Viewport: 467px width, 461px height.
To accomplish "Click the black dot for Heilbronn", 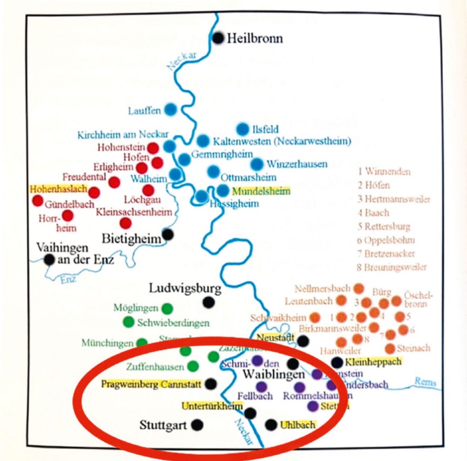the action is click(219, 38).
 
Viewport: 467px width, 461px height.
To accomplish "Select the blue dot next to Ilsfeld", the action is click(243, 129).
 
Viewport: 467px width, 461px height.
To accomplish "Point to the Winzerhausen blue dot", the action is click(257, 164).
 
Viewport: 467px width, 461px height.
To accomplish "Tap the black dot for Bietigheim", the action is click(168, 234).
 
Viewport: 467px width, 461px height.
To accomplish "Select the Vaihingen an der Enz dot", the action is click(50, 259).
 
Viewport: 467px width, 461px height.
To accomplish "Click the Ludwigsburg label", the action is click(185, 289).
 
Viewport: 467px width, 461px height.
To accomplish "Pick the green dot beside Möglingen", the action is click(167, 308).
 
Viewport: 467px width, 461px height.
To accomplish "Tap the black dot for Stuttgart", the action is click(196, 425).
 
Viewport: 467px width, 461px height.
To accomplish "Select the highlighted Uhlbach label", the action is click(298, 425).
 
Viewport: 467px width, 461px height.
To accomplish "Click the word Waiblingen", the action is click(273, 374).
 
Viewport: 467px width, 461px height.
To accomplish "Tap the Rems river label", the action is click(425, 382).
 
